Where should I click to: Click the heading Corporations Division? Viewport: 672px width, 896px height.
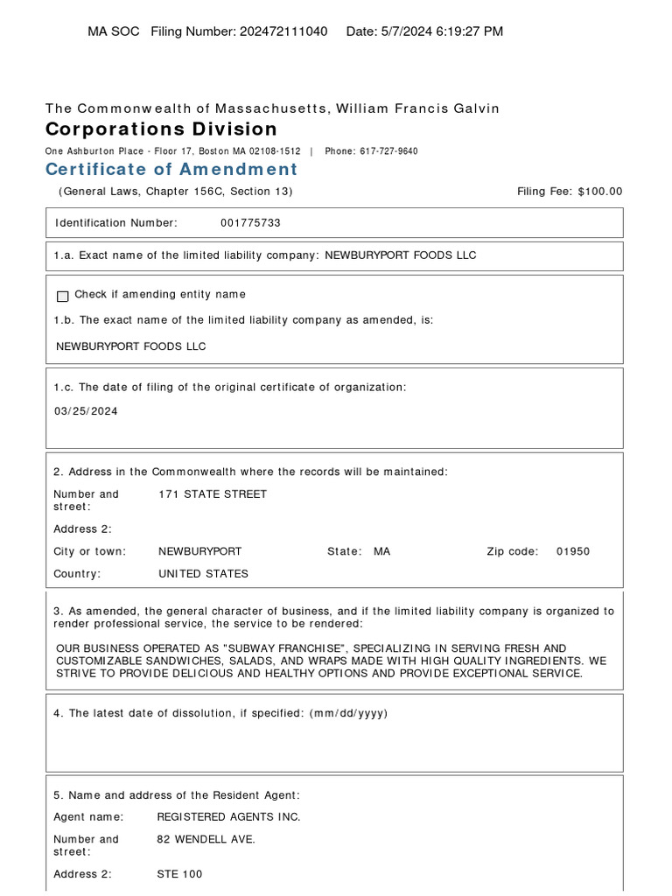point(161,129)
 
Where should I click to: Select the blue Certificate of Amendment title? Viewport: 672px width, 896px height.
point(171,169)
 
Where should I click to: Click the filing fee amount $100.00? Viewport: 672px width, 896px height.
point(600,192)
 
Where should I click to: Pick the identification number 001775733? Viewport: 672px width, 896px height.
point(250,223)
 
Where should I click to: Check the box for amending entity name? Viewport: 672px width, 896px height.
point(62,296)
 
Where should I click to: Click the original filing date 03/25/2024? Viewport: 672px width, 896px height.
point(86,411)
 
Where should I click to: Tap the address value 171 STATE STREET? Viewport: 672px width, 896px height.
point(213,494)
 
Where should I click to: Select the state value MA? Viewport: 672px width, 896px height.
point(382,552)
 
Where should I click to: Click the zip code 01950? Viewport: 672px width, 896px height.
point(573,552)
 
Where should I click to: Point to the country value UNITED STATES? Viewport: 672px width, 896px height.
point(203,574)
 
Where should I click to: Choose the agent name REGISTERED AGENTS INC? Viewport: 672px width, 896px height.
point(228,817)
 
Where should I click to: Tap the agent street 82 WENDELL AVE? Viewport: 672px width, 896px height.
point(206,840)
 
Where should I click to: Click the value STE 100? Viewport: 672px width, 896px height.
point(179,874)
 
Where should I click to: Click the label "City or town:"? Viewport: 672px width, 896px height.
point(89,552)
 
